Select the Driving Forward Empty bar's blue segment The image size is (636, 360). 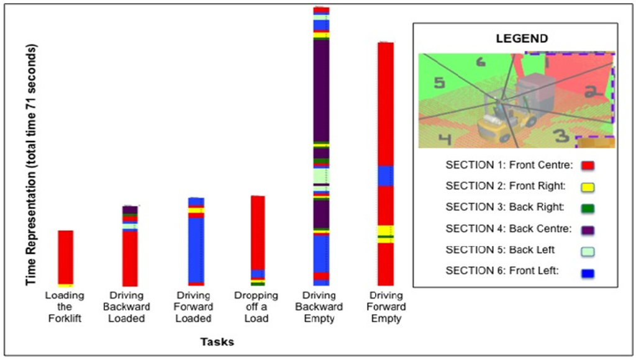(386, 176)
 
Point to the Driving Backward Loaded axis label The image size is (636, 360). (130, 307)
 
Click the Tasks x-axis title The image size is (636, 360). (217, 341)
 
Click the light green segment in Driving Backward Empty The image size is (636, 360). (321, 176)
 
